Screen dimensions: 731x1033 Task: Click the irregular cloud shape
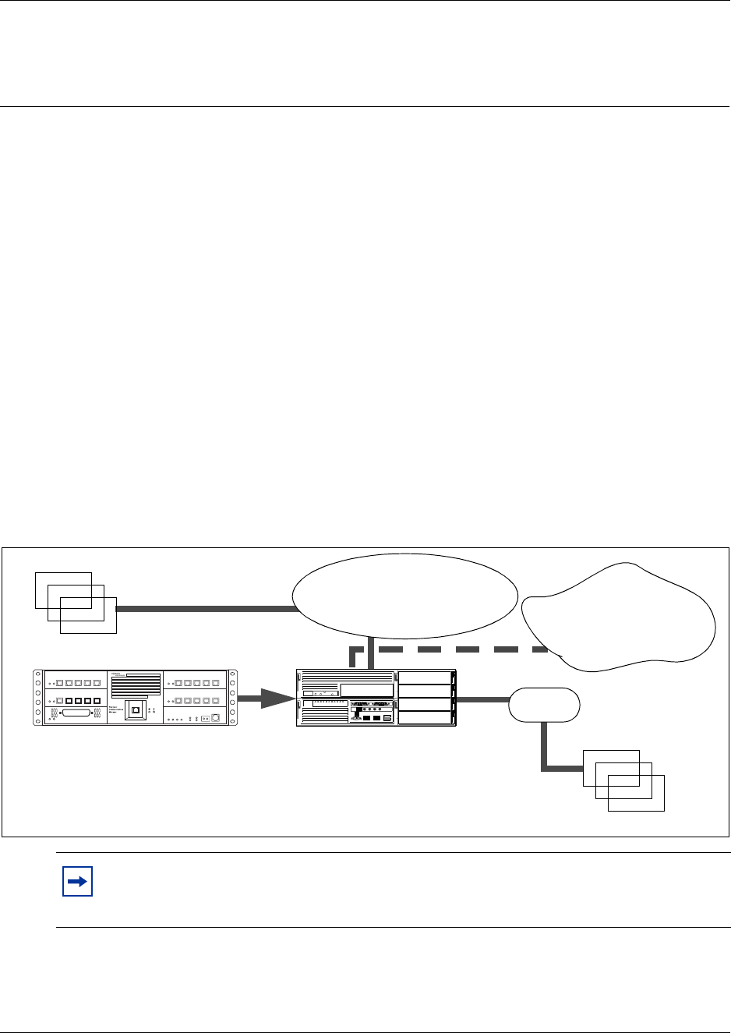(623, 616)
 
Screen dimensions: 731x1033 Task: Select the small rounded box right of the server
(544, 705)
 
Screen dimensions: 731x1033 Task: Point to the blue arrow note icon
(77, 883)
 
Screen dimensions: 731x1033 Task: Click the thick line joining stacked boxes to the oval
(207, 608)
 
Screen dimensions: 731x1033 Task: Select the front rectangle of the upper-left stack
(88, 616)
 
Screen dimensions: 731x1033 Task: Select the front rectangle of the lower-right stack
(636, 793)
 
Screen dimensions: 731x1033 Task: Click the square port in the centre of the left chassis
(136, 710)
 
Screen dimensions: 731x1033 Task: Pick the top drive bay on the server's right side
(425, 677)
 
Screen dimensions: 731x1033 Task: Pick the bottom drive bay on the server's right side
(425, 719)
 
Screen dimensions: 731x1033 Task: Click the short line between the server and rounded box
(482, 699)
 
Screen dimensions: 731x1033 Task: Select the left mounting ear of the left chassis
(37, 698)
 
